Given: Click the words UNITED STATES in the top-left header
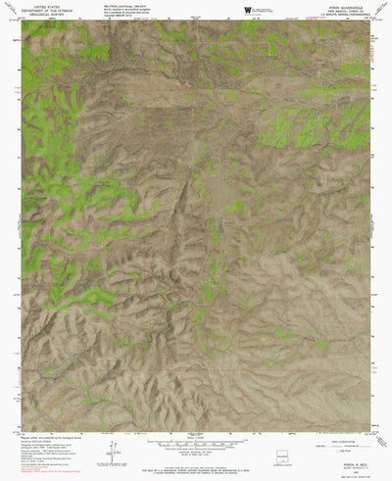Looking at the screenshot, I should point(45,4).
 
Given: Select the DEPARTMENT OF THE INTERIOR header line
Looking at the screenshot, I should point(45,9).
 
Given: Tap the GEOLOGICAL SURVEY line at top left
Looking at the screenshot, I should point(45,14).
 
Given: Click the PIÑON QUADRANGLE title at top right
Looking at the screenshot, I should point(342,4).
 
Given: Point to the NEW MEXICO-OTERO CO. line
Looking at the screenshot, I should point(342,9).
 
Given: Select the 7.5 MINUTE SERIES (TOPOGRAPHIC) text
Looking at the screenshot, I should point(342,14).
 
